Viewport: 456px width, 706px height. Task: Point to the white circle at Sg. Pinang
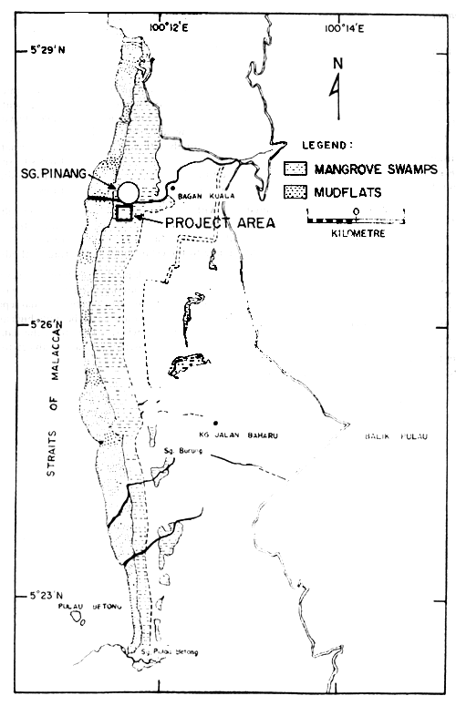(129, 192)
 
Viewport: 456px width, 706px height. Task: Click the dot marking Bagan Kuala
(171, 189)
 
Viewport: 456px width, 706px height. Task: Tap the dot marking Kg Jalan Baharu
(215, 424)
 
